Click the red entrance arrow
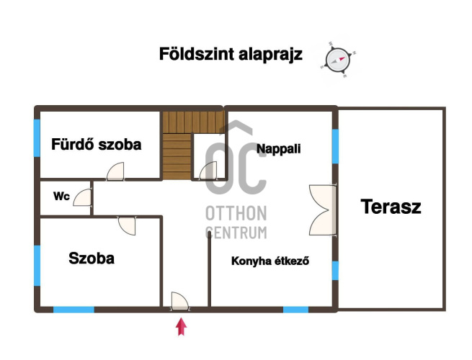[181, 327]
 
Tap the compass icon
[338, 60]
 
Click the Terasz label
[391, 207]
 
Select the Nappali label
[278, 149]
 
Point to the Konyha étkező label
[270, 261]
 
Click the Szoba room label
[92, 258]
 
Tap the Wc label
[61, 197]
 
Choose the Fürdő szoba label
[97, 145]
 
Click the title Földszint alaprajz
[231, 54]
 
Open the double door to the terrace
[323, 210]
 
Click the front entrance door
[180, 301]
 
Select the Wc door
[82, 197]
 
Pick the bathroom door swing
[115, 171]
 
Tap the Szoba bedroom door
[127, 225]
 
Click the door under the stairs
[208, 171]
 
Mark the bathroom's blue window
[37, 138]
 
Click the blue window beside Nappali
[335, 146]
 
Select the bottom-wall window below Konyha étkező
[295, 310]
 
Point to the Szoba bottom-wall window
[74, 310]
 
